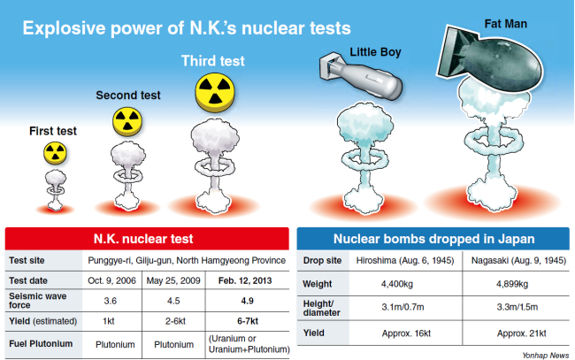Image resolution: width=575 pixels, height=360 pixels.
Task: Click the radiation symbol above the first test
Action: [x=55, y=153]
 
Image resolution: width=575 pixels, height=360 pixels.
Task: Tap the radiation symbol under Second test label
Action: [x=126, y=122]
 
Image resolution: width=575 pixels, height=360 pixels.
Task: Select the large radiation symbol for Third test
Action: [x=215, y=92]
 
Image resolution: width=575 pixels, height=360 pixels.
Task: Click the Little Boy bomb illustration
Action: [x=361, y=75]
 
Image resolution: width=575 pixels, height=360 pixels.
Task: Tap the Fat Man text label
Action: [x=506, y=24]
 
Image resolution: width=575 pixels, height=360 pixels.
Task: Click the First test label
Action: [x=53, y=131]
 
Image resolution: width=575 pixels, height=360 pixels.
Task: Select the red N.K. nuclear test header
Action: [x=147, y=239]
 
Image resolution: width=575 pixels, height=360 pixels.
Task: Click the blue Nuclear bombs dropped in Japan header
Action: [x=433, y=239]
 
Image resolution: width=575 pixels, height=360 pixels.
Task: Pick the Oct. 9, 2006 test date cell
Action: [x=111, y=280]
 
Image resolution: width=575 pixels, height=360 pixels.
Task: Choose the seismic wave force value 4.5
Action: [x=173, y=301]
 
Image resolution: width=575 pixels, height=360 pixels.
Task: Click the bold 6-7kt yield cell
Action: [x=248, y=321]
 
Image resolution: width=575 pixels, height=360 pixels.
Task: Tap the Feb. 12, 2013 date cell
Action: [x=245, y=280]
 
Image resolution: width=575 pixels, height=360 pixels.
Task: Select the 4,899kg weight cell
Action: [x=512, y=284]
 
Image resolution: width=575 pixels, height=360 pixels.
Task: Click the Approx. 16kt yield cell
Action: [x=406, y=333]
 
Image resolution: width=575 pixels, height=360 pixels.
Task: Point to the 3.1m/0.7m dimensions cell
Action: [x=402, y=307]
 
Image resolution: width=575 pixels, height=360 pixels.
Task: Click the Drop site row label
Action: [x=322, y=261]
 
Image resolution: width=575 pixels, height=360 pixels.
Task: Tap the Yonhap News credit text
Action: [x=546, y=356]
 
